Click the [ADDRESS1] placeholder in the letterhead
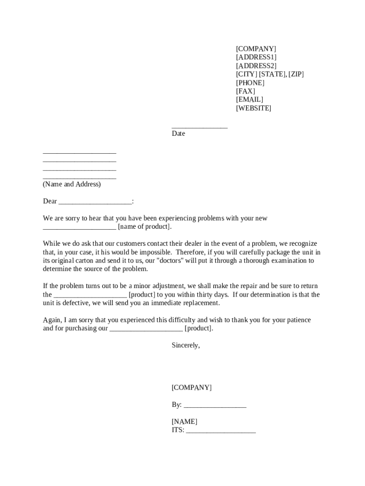(x=256, y=57)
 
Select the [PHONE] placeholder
(x=250, y=83)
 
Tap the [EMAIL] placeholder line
(x=249, y=100)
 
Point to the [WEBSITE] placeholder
(x=254, y=108)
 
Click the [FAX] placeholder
(x=245, y=91)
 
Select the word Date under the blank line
(x=178, y=134)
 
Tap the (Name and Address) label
(x=72, y=184)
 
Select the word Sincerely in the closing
(x=185, y=346)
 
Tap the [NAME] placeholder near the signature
(x=184, y=421)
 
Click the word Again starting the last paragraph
(x=52, y=320)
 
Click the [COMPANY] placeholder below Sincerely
(x=192, y=387)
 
